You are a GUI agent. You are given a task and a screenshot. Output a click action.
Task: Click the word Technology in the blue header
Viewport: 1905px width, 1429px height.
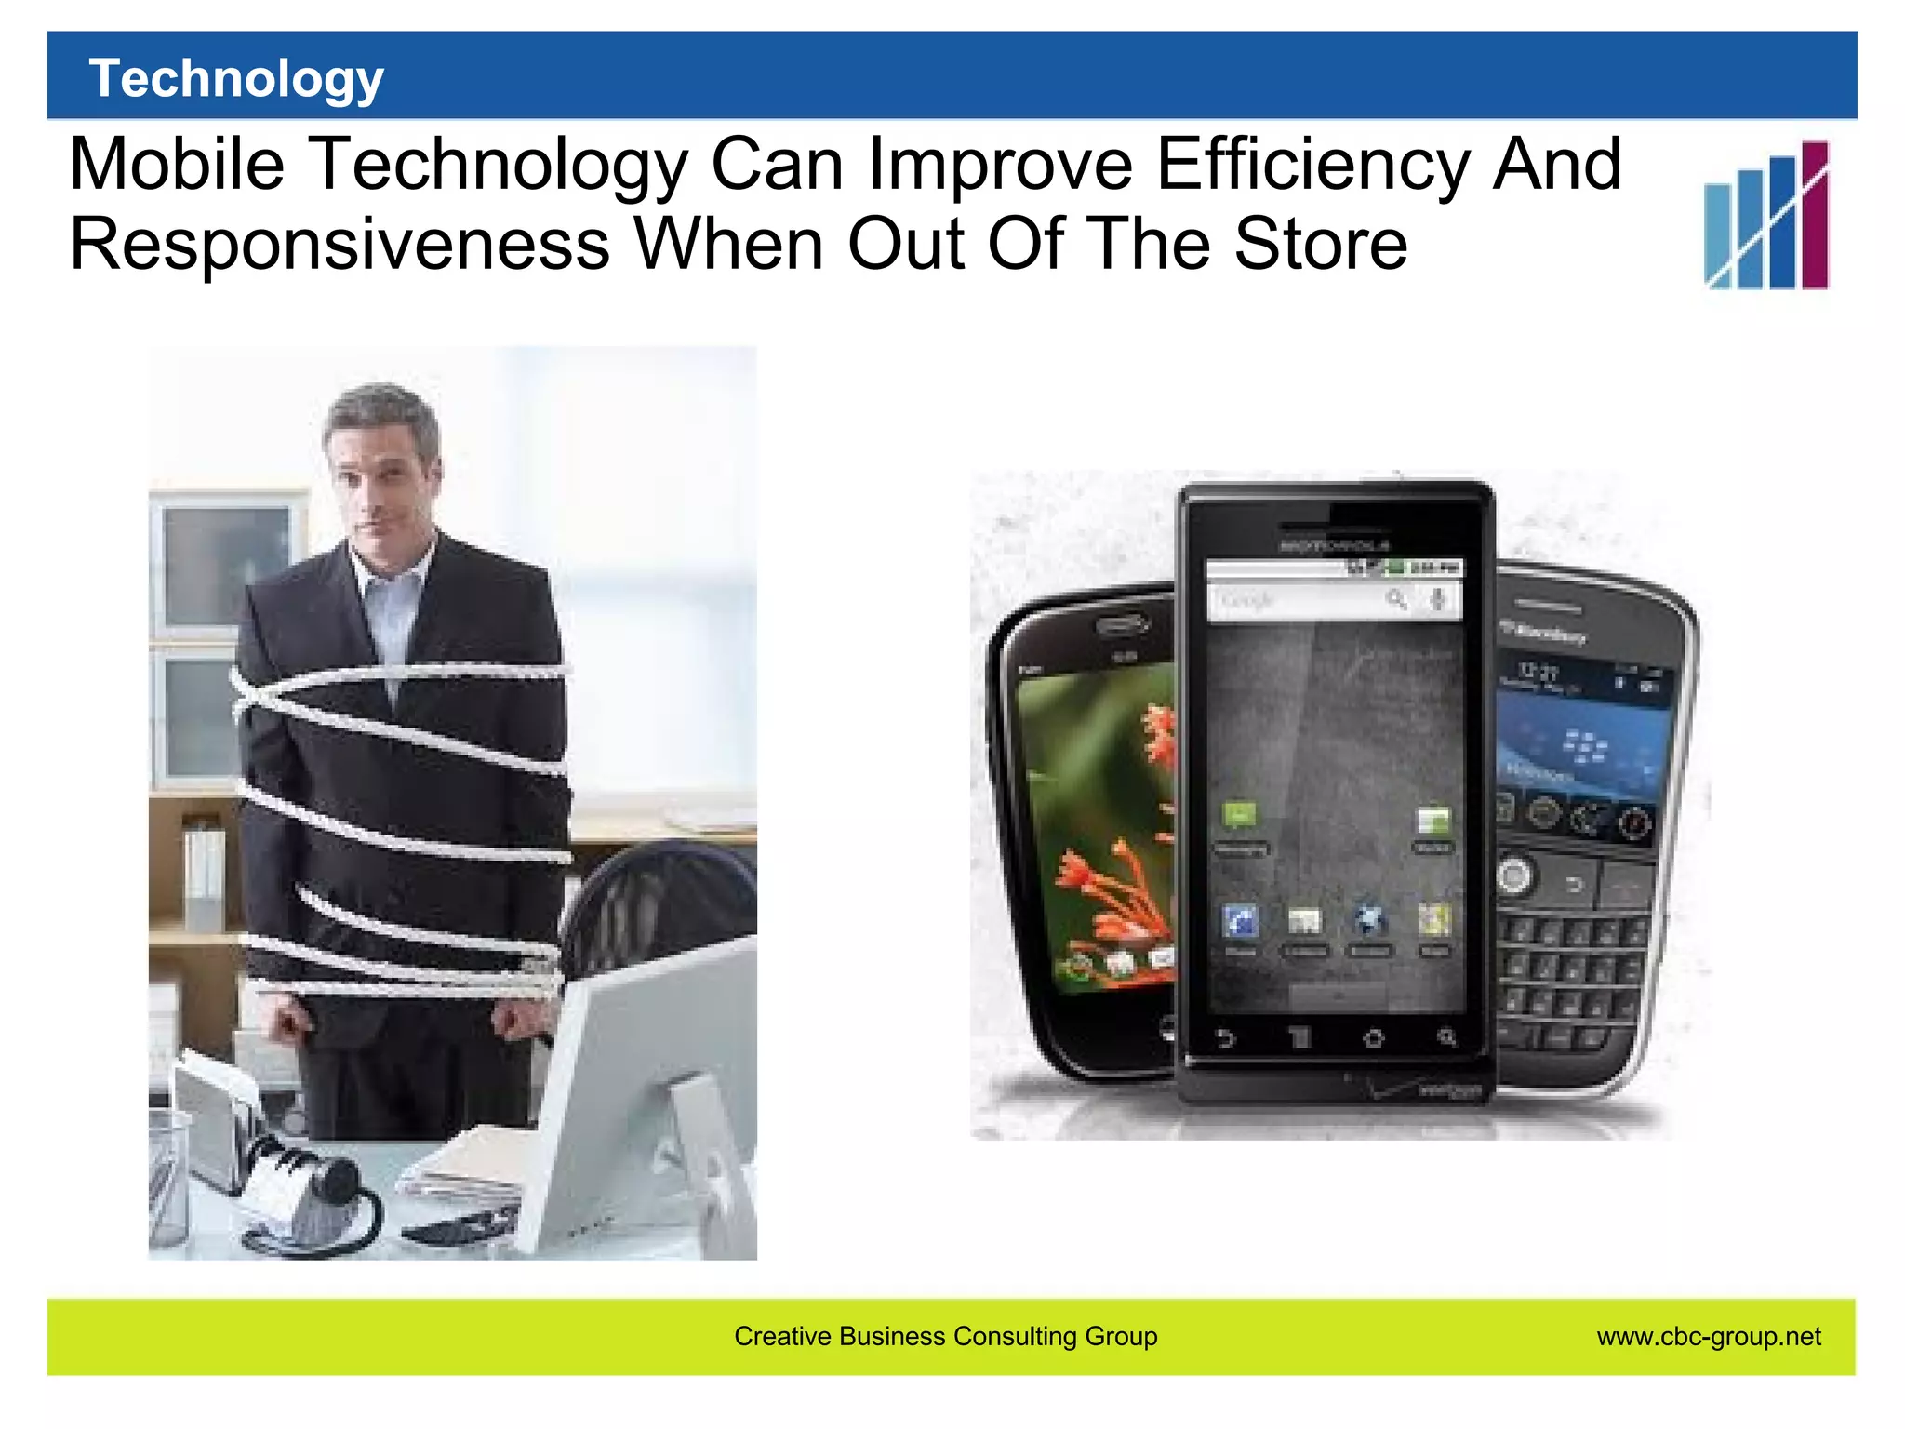[236, 78]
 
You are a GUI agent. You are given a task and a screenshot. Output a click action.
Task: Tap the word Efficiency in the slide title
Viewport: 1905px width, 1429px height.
[1312, 166]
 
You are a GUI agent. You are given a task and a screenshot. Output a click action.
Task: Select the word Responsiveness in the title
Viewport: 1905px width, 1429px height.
[340, 244]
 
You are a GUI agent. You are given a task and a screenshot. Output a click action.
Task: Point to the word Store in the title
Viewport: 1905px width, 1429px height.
[1320, 244]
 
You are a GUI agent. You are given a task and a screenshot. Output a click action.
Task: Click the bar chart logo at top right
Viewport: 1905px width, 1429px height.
[1765, 216]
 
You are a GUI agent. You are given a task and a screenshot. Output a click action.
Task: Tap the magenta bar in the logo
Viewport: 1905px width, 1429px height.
[1815, 216]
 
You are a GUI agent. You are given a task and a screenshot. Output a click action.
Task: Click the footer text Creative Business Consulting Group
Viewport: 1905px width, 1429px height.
[945, 1337]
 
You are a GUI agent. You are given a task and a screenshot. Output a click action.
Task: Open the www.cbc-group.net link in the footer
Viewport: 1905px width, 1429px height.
[1709, 1337]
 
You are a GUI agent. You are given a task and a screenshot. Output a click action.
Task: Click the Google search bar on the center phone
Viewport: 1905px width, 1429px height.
[1332, 600]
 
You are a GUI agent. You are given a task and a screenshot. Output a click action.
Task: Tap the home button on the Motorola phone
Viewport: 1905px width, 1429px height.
[1373, 1037]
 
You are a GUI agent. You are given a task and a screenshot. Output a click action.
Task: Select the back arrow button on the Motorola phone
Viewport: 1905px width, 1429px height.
[1226, 1037]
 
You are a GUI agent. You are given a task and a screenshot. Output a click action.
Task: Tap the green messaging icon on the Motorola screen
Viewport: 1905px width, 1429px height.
[1239, 817]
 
